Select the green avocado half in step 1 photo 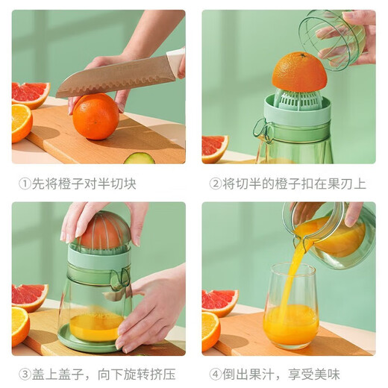139,157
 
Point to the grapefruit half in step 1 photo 30,93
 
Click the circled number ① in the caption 25,184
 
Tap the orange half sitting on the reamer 299,72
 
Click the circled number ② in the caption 216,184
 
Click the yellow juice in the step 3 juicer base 95,325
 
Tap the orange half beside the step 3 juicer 20,325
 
